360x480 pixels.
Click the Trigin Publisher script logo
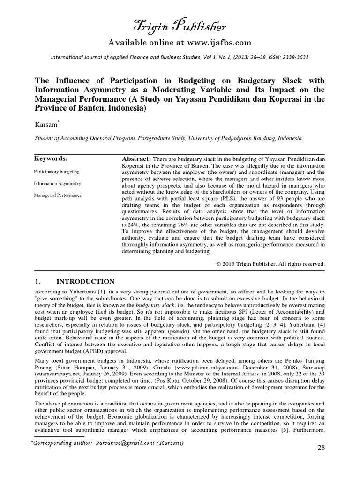[180, 26]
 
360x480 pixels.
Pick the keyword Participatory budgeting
[57, 172]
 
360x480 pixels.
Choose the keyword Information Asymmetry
[58, 183]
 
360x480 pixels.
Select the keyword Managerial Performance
[59, 195]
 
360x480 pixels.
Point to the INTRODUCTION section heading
[85, 282]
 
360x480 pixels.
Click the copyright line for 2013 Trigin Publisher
[270, 264]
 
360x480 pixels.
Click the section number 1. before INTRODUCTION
[38, 282]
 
